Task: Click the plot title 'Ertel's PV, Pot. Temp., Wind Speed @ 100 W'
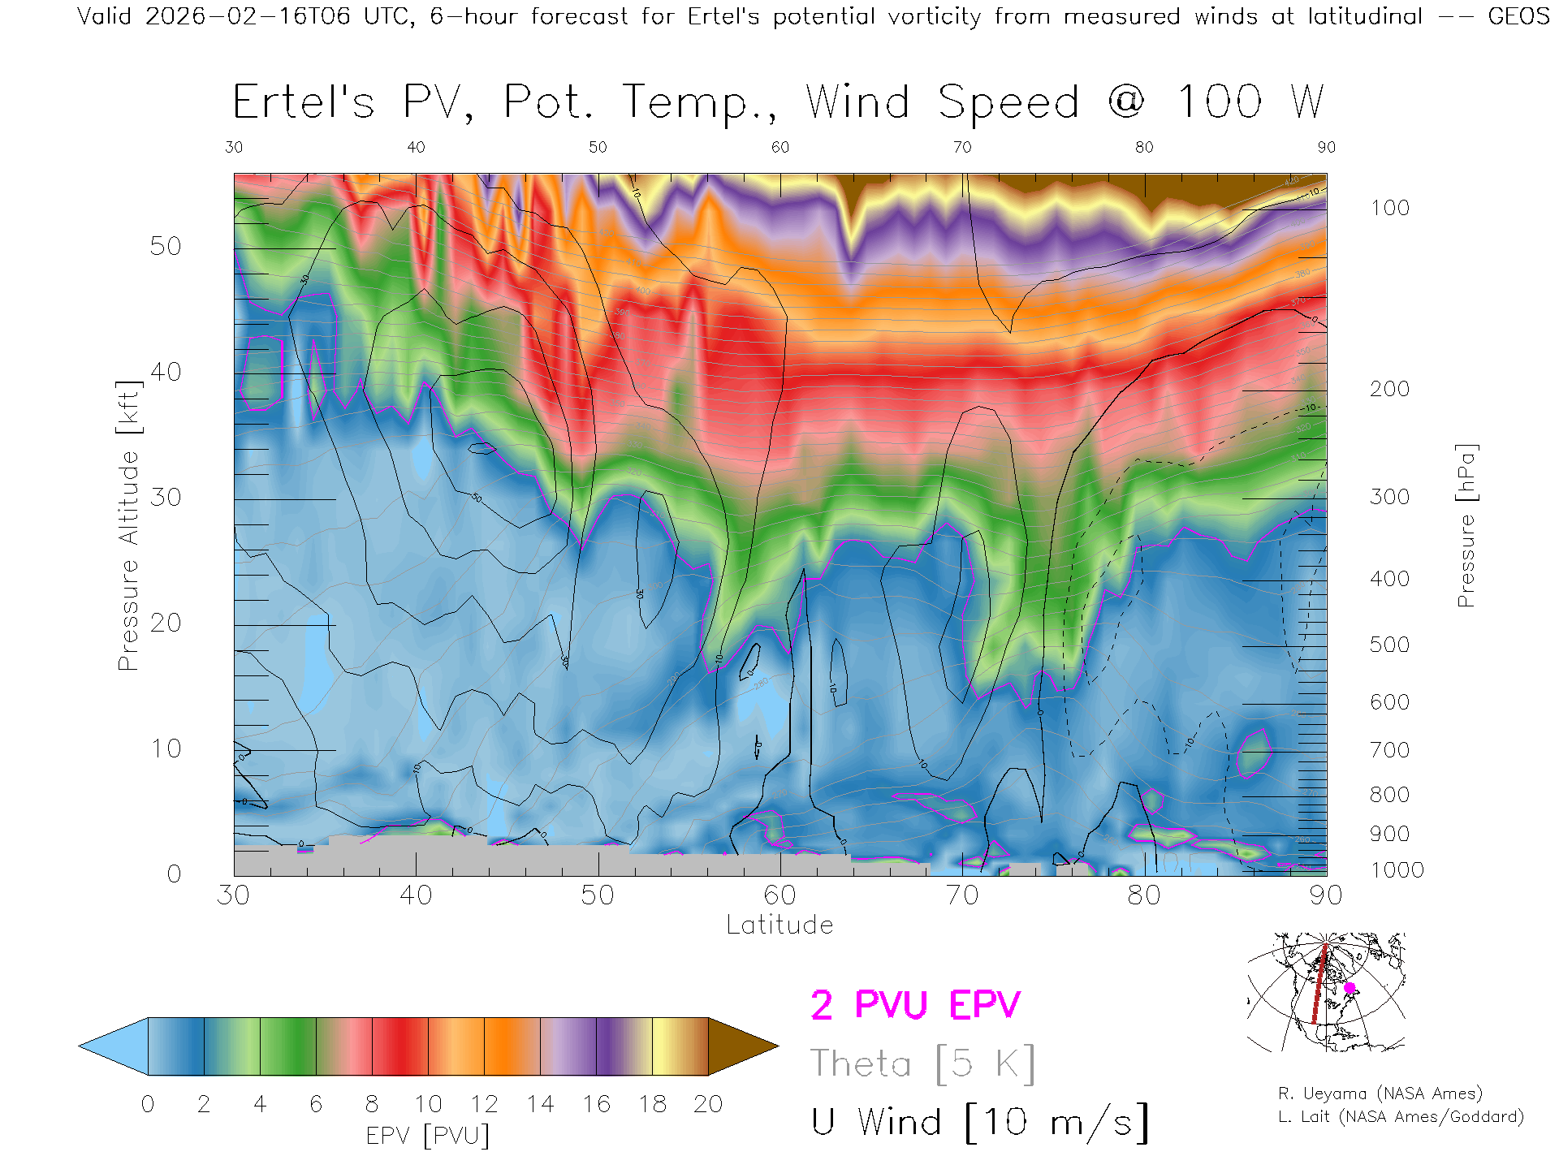click(x=778, y=103)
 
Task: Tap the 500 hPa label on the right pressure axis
click(x=1389, y=645)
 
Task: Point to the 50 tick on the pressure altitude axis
click(x=165, y=247)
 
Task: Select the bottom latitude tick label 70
click(x=962, y=895)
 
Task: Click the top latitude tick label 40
click(x=416, y=147)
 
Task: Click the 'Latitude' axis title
click(x=779, y=925)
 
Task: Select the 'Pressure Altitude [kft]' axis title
click(x=129, y=525)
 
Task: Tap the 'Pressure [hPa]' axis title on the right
click(x=1466, y=525)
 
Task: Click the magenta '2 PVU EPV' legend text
click(x=915, y=1005)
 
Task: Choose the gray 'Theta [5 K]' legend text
click(x=922, y=1063)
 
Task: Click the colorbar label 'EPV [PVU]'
click(x=428, y=1136)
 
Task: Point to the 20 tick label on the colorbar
click(x=708, y=1104)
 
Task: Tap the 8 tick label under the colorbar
click(x=372, y=1104)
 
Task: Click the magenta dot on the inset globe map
click(x=1350, y=988)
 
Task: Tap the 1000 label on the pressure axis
click(x=1397, y=870)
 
